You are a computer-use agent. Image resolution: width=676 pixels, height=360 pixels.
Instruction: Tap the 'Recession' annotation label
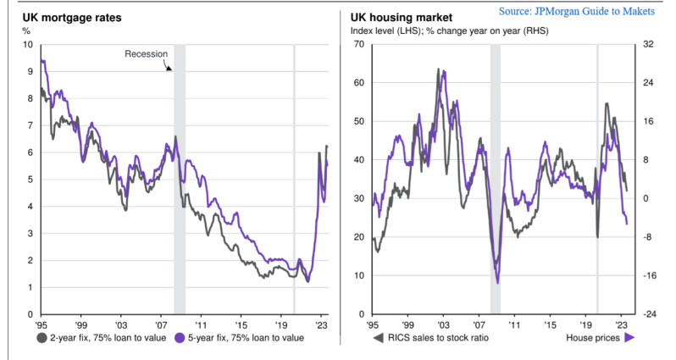coord(147,54)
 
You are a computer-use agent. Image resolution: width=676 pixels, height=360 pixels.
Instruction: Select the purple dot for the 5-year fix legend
coord(181,337)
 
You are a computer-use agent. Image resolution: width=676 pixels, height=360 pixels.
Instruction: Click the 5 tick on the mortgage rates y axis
coord(30,180)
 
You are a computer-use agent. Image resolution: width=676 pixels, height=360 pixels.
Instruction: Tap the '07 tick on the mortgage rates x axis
coord(162,324)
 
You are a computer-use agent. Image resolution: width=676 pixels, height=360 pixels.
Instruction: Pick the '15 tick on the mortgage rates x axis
coord(241,324)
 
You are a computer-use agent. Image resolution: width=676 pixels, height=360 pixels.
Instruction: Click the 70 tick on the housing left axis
coord(359,44)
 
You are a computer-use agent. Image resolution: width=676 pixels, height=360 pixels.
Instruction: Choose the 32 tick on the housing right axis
coord(648,44)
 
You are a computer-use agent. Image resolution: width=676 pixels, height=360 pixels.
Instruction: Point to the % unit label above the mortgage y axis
coord(25,31)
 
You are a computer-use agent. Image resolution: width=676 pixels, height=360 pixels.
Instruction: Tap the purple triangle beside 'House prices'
coord(630,338)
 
